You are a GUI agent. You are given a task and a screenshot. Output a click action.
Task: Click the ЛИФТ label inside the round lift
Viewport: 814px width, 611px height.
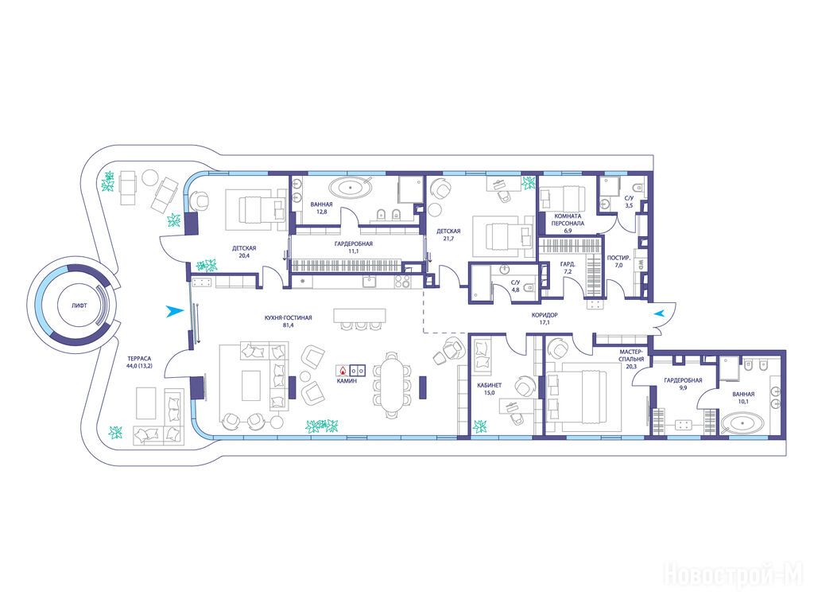[x=79, y=305]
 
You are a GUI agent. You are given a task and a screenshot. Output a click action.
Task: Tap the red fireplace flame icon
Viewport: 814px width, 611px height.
[x=343, y=371]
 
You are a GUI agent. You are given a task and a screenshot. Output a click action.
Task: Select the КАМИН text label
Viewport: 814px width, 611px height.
[x=347, y=381]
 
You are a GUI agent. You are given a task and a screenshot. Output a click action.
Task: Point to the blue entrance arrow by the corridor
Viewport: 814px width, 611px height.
[x=659, y=313]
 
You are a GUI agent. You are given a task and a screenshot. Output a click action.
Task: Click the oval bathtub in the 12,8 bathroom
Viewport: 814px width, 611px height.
[x=352, y=187]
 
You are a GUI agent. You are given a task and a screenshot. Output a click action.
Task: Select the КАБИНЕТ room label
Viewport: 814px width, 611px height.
[x=489, y=386]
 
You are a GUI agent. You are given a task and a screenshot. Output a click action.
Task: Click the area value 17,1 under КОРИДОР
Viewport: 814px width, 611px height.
[x=545, y=322]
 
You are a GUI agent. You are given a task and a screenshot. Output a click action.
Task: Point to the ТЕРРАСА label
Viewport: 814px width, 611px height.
[x=139, y=359]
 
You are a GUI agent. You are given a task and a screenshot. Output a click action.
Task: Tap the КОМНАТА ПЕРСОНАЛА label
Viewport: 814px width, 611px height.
[x=568, y=220]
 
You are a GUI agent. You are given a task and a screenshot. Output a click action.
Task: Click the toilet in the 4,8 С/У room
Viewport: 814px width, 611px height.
[x=529, y=285]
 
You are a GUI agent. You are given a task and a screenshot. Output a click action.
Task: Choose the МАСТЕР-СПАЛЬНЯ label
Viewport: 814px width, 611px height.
[x=631, y=355]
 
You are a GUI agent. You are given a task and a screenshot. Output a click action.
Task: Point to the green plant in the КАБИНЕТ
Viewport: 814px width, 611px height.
[x=479, y=426]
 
